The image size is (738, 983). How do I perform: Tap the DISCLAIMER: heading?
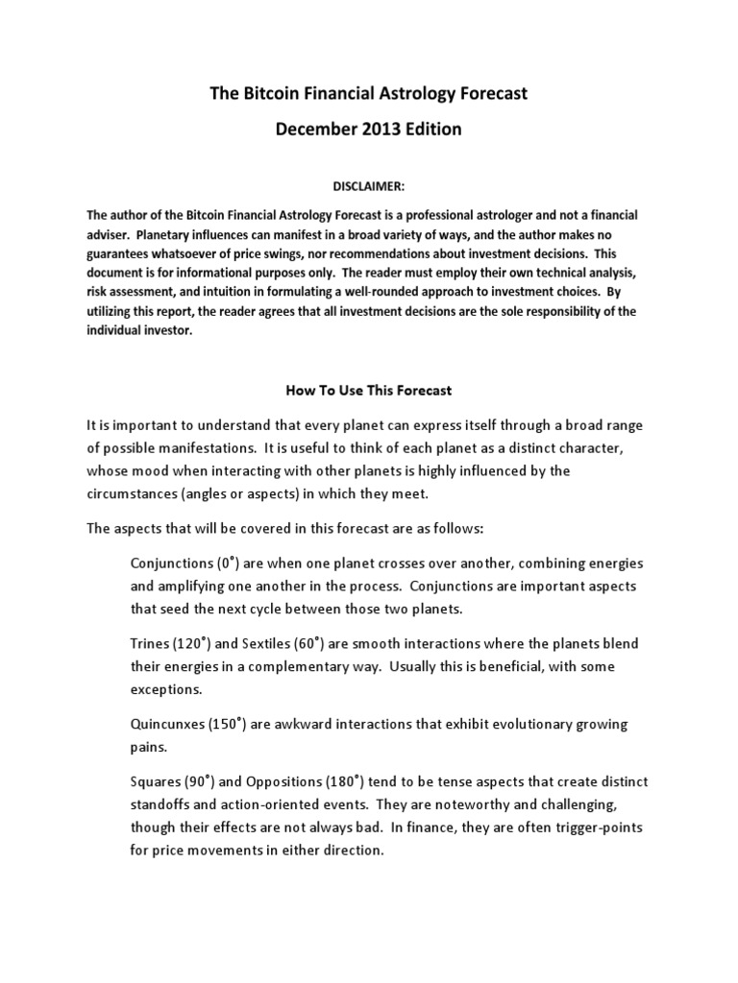(x=368, y=185)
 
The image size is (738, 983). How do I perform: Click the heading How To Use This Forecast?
(x=368, y=391)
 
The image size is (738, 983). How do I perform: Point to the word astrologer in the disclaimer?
(x=522, y=214)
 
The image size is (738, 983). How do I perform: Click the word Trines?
(x=151, y=642)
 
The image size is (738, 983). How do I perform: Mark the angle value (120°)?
(x=197, y=642)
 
